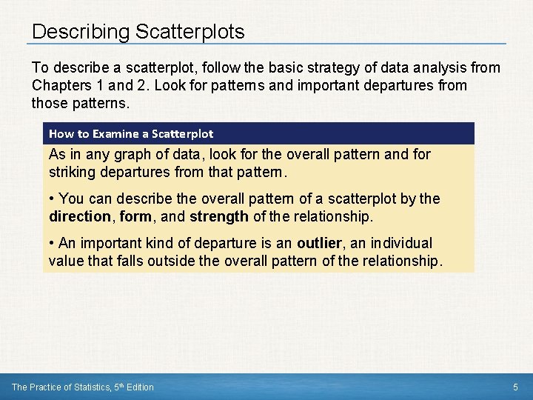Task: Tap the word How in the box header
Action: (x=60, y=134)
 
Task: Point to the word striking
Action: (x=71, y=172)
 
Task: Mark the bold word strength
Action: (x=218, y=216)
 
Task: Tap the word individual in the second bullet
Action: (x=399, y=244)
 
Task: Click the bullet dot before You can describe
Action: (x=52, y=199)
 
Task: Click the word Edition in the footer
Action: (x=138, y=387)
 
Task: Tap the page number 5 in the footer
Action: (x=516, y=387)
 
